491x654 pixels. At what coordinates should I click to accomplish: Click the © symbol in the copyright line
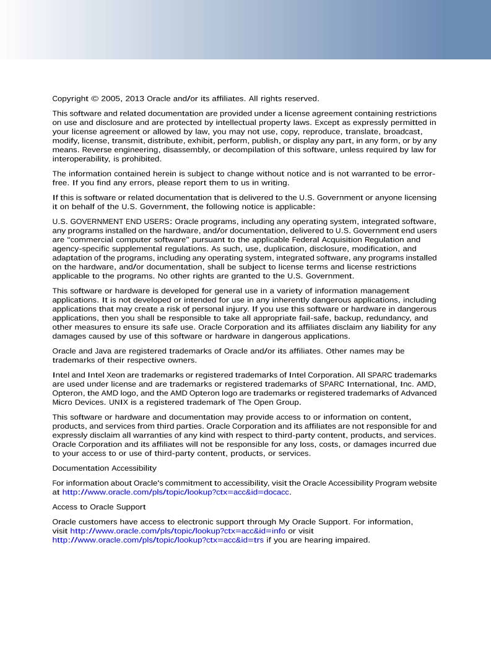click(93, 98)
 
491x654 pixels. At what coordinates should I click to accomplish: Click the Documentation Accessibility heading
click(104, 468)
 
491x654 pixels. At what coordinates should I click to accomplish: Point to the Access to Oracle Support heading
click(99, 506)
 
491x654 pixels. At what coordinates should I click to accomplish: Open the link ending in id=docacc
click(176, 493)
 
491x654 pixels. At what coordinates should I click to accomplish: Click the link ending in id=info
click(178, 531)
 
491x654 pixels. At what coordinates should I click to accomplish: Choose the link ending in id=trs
click(158, 540)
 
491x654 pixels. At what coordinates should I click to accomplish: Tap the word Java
click(100, 351)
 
